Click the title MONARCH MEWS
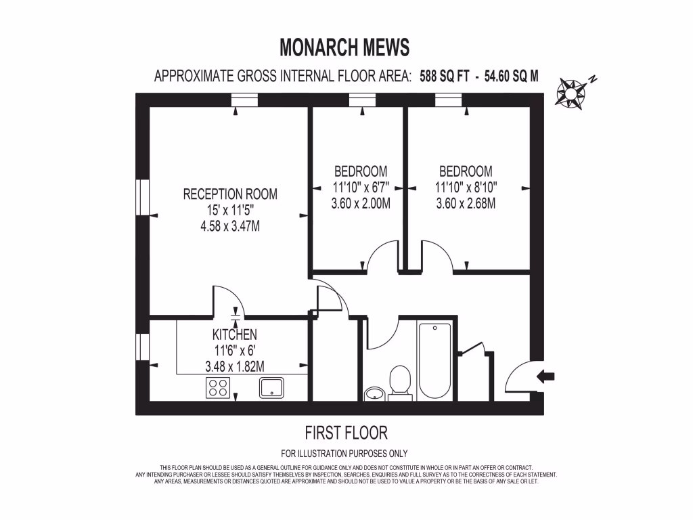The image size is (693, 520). [344, 47]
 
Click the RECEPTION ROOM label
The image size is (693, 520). [230, 194]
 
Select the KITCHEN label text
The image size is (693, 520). [235, 334]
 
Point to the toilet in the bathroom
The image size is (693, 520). [401, 383]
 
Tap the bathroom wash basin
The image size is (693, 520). [374, 393]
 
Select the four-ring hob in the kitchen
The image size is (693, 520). [217, 387]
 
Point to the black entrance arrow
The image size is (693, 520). [545, 377]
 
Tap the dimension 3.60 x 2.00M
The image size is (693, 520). [361, 203]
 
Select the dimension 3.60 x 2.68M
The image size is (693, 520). [466, 203]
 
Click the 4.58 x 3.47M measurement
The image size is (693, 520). [230, 226]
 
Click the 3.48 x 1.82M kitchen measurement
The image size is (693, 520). [235, 366]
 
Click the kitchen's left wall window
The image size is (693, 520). [142, 345]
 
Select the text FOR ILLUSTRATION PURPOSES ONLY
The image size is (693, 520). [344, 454]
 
